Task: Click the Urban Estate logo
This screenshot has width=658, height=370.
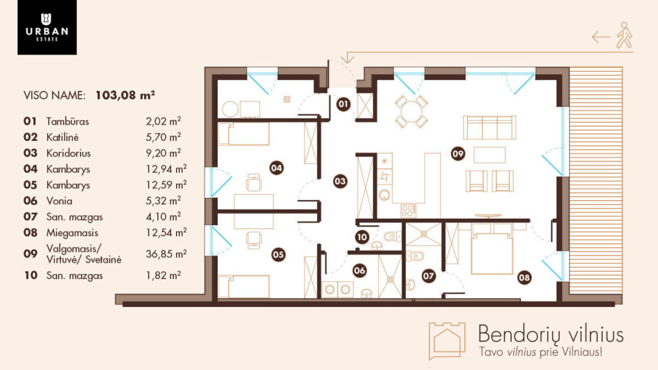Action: click(47, 27)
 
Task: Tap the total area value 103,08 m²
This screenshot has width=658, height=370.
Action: click(125, 95)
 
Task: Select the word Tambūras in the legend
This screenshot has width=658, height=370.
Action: click(68, 121)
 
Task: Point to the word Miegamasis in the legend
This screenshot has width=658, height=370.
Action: click(72, 233)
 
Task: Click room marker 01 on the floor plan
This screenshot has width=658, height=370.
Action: click(343, 104)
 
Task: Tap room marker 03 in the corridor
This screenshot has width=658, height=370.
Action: click(340, 181)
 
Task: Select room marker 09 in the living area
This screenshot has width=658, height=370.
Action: click(458, 154)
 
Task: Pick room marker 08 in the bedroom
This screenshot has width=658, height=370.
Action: click(524, 277)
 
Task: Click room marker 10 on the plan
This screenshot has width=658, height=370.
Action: click(362, 238)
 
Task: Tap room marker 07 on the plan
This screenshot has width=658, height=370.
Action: click(429, 276)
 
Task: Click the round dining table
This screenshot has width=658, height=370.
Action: click(412, 112)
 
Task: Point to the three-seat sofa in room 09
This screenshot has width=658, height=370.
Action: click(490, 127)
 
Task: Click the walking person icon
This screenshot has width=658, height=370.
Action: click(624, 35)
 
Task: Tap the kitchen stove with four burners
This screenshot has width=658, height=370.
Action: click(409, 210)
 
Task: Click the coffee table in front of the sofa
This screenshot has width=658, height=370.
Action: click(489, 154)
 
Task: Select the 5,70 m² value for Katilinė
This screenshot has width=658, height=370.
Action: click(163, 137)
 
